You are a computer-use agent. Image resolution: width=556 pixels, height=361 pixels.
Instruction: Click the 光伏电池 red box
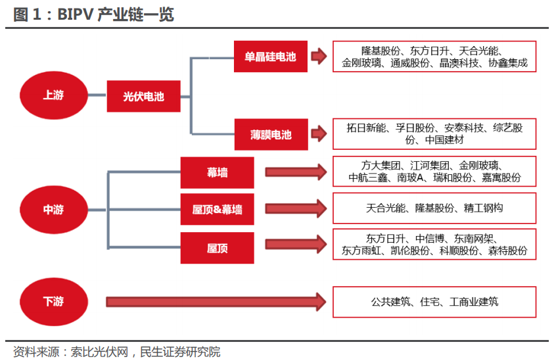[143, 97]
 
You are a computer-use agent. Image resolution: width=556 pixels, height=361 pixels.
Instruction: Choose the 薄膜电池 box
[270, 135]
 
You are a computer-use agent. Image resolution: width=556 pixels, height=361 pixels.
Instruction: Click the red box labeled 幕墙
[217, 172]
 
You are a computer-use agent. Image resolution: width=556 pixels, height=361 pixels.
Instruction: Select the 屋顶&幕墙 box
[217, 210]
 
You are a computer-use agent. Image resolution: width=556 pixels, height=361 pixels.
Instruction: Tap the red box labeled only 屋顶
[217, 247]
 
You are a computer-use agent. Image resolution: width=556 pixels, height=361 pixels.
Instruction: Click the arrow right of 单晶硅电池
[319, 57]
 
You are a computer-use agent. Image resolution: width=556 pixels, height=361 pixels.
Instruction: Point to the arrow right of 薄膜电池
[319, 134]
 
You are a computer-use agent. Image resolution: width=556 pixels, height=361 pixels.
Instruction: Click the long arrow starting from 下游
[217, 302]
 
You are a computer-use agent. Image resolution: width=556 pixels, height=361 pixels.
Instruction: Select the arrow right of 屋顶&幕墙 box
[296, 209]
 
